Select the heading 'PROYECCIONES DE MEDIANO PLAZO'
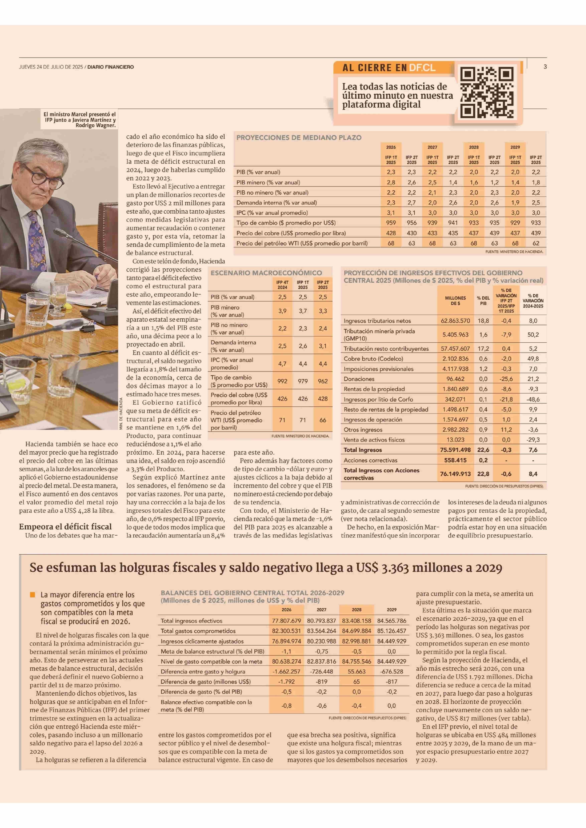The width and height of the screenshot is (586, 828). tap(299, 137)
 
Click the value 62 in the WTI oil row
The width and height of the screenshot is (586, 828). tap(536, 243)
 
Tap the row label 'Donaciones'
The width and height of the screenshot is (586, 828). tap(359, 379)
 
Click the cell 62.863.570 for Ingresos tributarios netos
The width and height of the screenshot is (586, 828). tap(455, 321)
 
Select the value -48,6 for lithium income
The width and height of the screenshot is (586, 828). tap(533, 399)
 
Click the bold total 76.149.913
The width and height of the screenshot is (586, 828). tap(455, 474)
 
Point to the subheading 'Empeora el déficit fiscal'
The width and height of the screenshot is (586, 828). tap(65, 526)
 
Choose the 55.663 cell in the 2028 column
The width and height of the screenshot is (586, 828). tap(356, 671)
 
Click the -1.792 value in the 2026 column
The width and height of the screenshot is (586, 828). tap(286, 682)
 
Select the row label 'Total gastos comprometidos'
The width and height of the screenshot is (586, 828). tap(198, 631)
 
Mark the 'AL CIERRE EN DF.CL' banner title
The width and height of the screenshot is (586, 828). tap(389, 67)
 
